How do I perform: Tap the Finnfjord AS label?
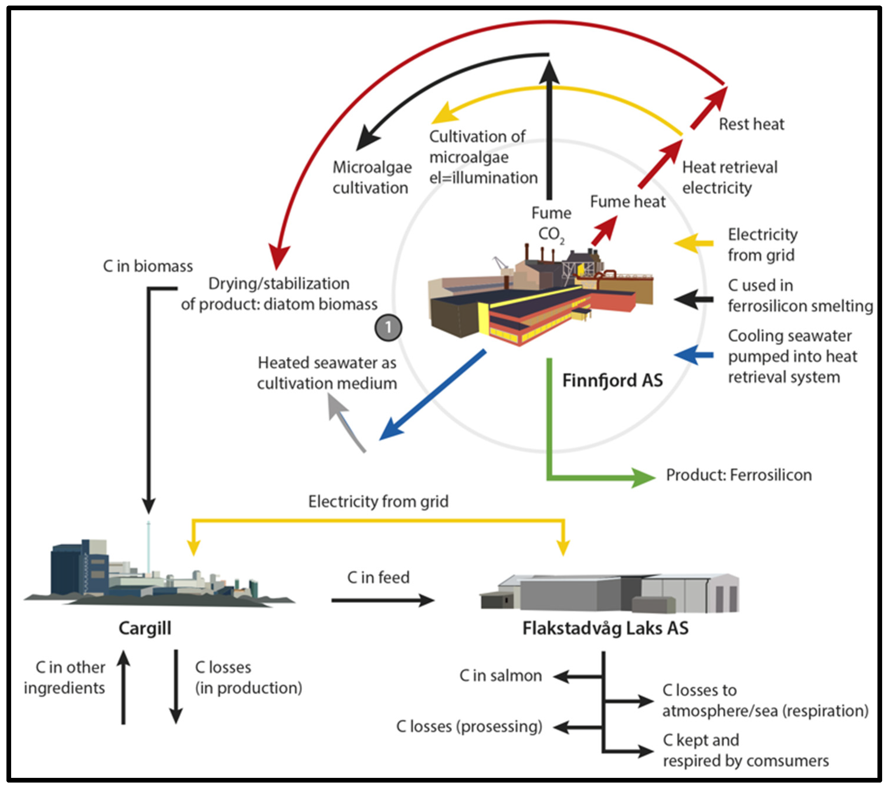tap(612, 380)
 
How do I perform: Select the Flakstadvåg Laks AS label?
tap(605, 628)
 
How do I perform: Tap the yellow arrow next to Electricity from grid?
tap(694, 243)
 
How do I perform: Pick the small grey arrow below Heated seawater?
tap(345, 423)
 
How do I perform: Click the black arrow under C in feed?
tap(382, 601)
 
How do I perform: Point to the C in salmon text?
tap(500, 676)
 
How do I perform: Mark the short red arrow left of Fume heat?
tap(604, 230)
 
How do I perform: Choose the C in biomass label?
tap(148, 266)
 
